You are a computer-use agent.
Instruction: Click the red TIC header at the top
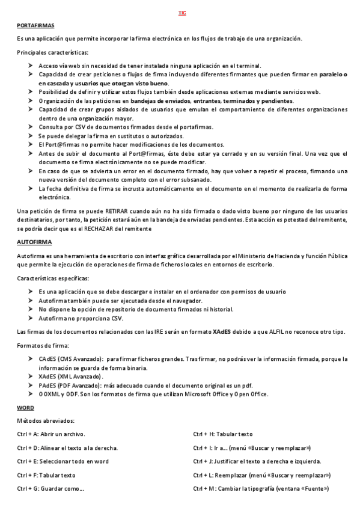[x=182, y=13]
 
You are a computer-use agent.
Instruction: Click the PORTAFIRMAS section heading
[x=35, y=26]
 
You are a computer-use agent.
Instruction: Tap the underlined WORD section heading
[x=26, y=408]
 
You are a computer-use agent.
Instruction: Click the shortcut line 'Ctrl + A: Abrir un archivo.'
[x=52, y=434]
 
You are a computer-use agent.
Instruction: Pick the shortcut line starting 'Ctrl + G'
[x=50, y=489]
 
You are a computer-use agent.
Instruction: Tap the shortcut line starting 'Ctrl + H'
[x=223, y=434]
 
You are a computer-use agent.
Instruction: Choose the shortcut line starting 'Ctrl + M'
[x=261, y=489]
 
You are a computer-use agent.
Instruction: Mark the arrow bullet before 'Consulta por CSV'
[x=31, y=127]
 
